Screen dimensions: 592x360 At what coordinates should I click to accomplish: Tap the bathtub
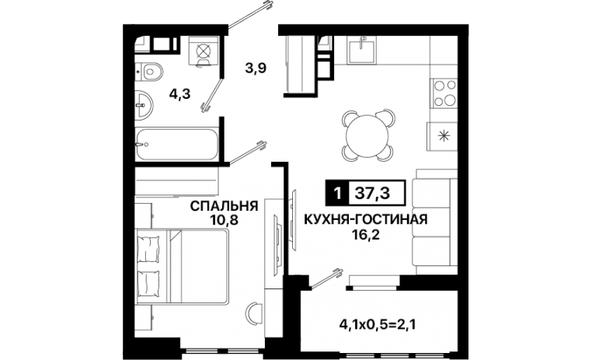pyautogui.click(x=177, y=145)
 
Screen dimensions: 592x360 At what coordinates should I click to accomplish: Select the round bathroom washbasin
pyautogui.click(x=144, y=105)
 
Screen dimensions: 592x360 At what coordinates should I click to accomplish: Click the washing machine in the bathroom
pyautogui.click(x=204, y=51)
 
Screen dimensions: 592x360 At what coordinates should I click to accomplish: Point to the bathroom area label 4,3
pyautogui.click(x=179, y=93)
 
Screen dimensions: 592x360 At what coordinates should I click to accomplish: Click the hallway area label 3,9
pyautogui.click(x=256, y=68)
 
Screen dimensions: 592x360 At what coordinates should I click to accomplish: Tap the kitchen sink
pyautogui.click(x=362, y=50)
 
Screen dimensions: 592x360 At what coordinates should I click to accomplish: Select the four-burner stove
pyautogui.click(x=444, y=93)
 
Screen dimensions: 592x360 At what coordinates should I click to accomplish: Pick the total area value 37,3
pyautogui.click(x=373, y=194)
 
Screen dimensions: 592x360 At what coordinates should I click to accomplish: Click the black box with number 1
pyautogui.click(x=338, y=194)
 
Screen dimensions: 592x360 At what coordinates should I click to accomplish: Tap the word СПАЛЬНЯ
pyautogui.click(x=224, y=206)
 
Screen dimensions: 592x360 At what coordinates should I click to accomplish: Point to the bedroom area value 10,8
pyautogui.click(x=225, y=220)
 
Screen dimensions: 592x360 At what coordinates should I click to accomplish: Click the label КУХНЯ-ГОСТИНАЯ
pyautogui.click(x=365, y=219)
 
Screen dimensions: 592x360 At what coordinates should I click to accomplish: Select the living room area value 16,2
pyautogui.click(x=365, y=235)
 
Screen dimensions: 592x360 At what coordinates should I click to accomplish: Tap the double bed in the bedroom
pyautogui.click(x=182, y=266)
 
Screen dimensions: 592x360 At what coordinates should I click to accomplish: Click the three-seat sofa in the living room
pyautogui.click(x=435, y=222)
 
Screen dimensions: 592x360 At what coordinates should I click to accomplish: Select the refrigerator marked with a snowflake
pyautogui.click(x=443, y=136)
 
